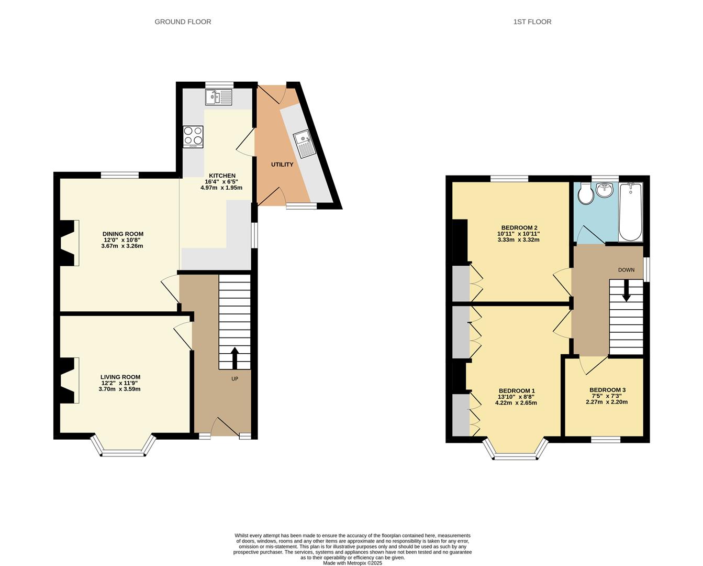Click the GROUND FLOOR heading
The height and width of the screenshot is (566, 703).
(183, 21)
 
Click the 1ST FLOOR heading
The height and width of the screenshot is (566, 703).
(532, 21)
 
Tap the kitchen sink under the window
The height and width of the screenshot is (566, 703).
(219, 97)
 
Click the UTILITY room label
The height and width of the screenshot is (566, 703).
(282, 165)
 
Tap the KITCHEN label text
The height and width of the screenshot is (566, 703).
(222, 176)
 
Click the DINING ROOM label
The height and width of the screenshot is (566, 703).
(122, 234)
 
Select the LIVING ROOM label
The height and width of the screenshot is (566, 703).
(120, 377)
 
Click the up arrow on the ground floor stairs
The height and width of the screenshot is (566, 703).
(234, 358)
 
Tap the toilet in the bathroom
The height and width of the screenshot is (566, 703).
(586, 194)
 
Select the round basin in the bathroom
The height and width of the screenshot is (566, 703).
(605, 190)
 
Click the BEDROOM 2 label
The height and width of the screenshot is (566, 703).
(518, 227)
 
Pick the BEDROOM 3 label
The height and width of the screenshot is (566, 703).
(607, 390)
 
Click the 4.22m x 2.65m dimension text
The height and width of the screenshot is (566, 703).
(516, 403)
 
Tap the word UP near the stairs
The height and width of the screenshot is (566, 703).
(235, 378)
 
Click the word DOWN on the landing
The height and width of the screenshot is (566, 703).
(626, 270)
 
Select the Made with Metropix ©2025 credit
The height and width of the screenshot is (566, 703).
(352, 563)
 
